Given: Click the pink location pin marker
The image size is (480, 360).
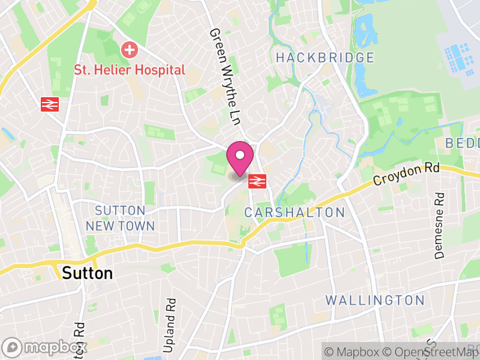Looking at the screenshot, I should (239, 158).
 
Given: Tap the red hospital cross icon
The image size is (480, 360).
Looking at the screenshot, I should (129, 50).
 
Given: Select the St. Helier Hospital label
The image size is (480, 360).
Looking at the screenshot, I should (130, 70).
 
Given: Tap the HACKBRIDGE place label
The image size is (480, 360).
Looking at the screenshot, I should (325, 58).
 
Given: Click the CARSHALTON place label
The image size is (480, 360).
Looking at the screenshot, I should (295, 212).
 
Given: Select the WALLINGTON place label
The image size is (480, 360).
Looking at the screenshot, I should (375, 300).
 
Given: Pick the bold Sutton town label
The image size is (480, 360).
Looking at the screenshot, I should (88, 274).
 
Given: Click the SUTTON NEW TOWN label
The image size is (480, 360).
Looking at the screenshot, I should (120, 218).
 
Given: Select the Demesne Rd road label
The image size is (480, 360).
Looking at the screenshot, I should (440, 225).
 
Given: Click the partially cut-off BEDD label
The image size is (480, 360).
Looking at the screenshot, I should (463, 143).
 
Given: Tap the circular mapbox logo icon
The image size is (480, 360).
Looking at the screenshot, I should (12, 347).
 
